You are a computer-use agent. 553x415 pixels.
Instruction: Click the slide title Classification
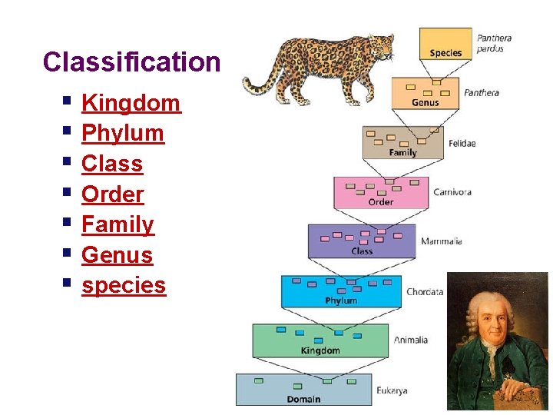click(x=131, y=62)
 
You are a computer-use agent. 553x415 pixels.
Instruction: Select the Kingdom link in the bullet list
click(x=131, y=103)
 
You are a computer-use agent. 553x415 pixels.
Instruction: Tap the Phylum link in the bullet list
click(x=123, y=134)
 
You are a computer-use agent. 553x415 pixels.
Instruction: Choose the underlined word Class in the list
click(x=112, y=164)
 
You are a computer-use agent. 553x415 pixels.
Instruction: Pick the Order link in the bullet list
click(x=113, y=194)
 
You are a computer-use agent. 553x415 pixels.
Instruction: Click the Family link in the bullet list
click(x=118, y=224)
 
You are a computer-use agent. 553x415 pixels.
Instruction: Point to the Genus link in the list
click(x=117, y=255)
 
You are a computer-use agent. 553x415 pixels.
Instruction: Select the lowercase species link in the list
click(x=124, y=285)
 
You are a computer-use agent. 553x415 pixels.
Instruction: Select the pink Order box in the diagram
click(x=381, y=193)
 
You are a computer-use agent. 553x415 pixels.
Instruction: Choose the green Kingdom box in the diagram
click(x=320, y=341)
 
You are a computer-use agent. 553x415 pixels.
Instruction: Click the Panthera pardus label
click(x=494, y=43)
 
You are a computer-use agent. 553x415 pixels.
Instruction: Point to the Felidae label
click(x=462, y=144)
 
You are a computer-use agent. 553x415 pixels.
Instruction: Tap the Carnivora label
click(x=452, y=192)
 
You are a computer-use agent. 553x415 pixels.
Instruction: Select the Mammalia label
click(x=441, y=241)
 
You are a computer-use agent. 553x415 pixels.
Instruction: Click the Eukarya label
click(x=392, y=390)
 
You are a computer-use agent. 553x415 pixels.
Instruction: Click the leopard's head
click(x=379, y=48)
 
